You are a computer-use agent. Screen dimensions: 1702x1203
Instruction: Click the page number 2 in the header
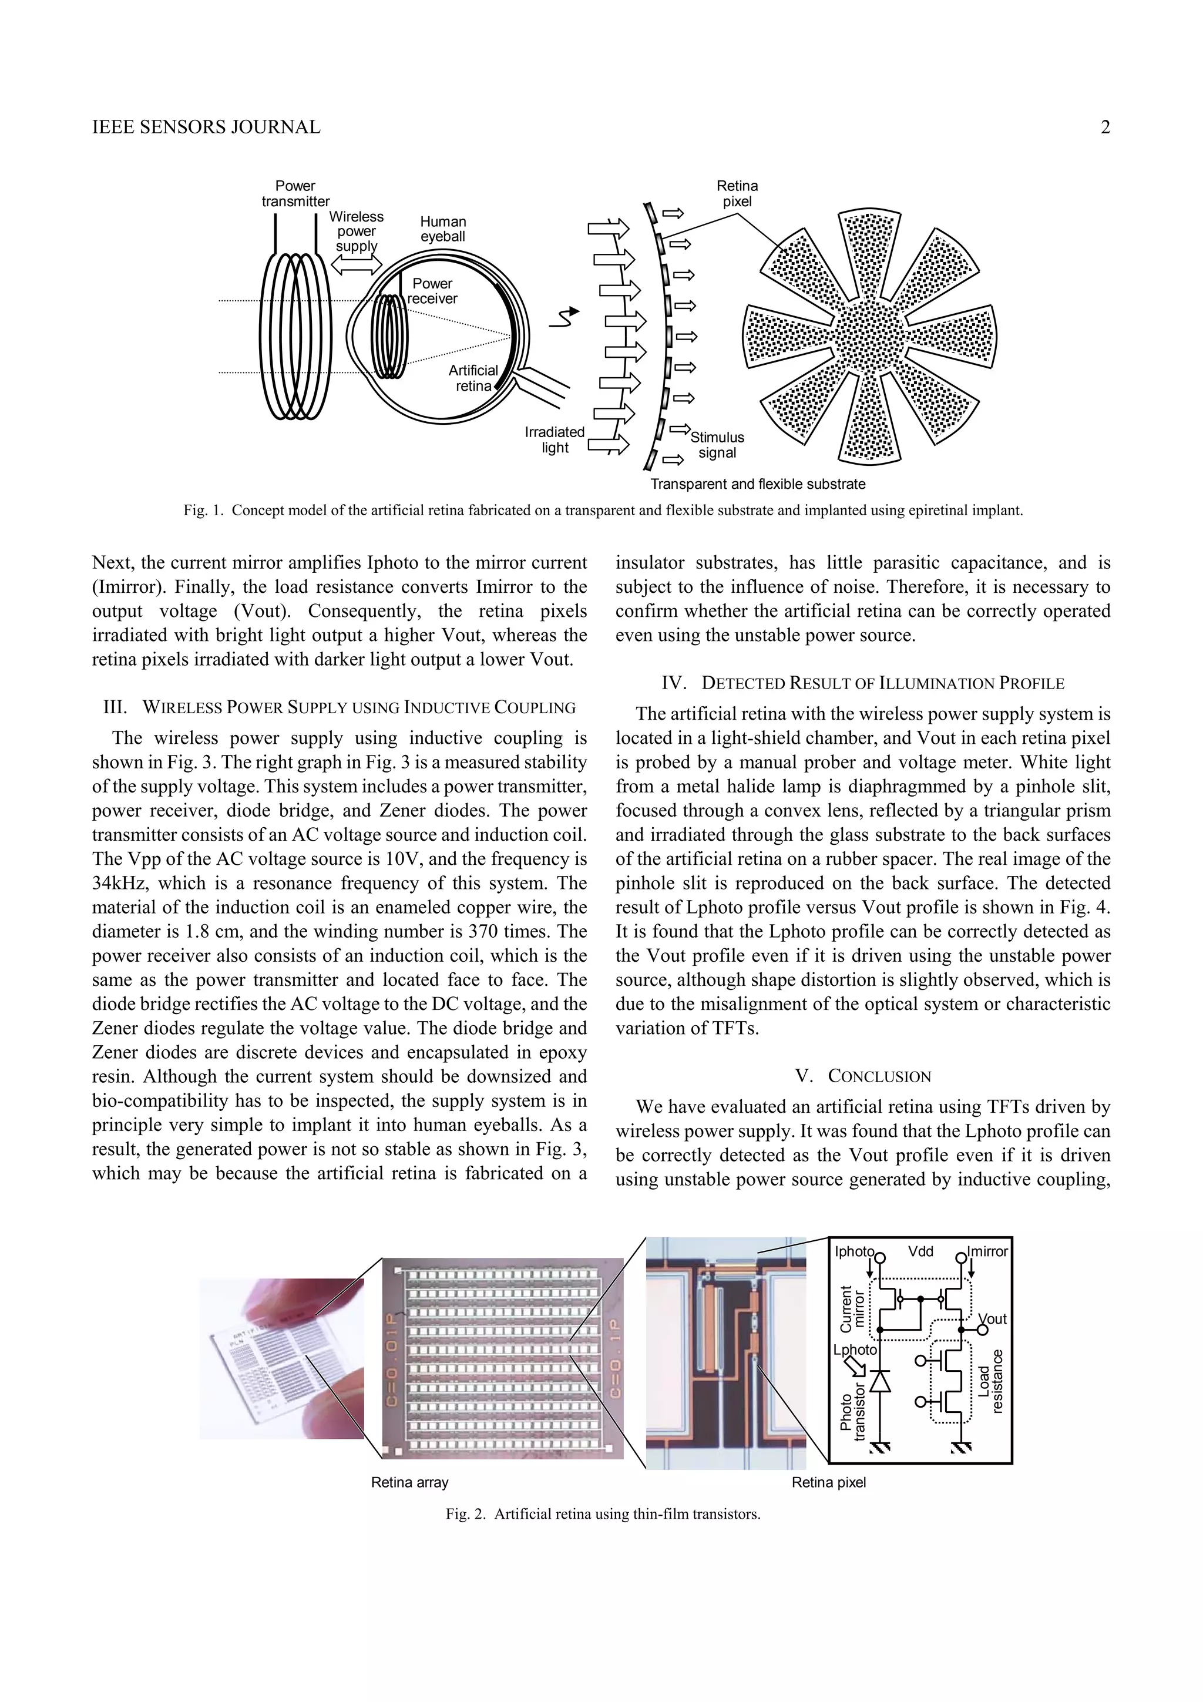1105,127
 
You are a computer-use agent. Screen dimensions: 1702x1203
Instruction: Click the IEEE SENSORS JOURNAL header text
206,127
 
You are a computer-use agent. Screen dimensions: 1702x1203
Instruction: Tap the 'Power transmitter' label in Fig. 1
295,193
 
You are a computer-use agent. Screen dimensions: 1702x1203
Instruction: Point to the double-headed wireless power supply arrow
356,264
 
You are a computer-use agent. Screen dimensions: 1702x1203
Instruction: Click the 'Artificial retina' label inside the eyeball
473,378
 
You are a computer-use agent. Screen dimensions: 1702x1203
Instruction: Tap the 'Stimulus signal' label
717,445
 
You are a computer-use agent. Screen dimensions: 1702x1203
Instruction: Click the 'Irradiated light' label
555,439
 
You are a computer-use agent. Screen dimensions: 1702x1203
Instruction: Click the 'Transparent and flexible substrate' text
758,484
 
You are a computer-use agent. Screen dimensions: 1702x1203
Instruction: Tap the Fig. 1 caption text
603,511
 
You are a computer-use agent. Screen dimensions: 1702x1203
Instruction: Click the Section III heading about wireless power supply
340,707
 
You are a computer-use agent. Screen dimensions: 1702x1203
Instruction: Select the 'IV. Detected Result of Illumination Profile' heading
863,683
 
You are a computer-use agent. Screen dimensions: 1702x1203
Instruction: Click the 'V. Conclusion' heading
863,1076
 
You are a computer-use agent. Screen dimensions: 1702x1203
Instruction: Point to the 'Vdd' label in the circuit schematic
920,1251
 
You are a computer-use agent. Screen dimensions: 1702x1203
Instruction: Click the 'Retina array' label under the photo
410,1483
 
